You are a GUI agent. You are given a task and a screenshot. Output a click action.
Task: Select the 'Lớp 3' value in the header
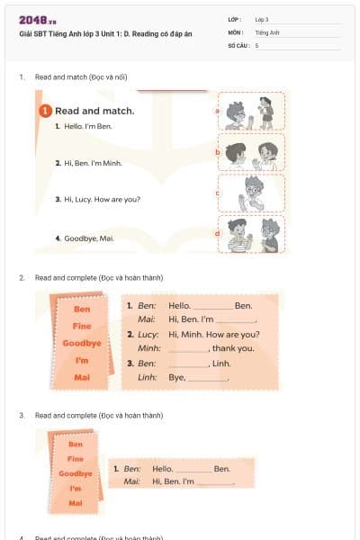(x=262, y=19)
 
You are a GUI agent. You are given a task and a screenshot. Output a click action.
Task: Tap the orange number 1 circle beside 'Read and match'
(x=45, y=111)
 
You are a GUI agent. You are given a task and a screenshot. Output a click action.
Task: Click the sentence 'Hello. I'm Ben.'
(x=83, y=127)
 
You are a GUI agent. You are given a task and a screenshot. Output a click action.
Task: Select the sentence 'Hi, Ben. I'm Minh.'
(x=87, y=163)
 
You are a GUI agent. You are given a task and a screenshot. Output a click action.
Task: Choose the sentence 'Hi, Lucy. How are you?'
(x=96, y=199)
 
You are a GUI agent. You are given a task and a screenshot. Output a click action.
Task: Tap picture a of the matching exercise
(x=251, y=112)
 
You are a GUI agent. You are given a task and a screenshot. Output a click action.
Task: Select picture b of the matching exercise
(x=251, y=152)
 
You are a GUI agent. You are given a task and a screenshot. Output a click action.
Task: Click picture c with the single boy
(x=251, y=193)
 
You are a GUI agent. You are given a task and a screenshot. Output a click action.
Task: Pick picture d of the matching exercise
(x=251, y=234)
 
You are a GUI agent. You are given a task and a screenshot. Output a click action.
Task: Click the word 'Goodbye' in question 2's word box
(x=82, y=343)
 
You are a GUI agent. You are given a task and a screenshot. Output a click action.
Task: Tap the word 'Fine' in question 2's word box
(x=82, y=326)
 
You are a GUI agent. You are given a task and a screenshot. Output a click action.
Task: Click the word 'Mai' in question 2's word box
(x=82, y=376)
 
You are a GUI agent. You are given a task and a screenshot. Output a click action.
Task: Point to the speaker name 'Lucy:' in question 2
(x=148, y=334)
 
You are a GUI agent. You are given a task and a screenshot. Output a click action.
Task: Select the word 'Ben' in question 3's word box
(x=76, y=444)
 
